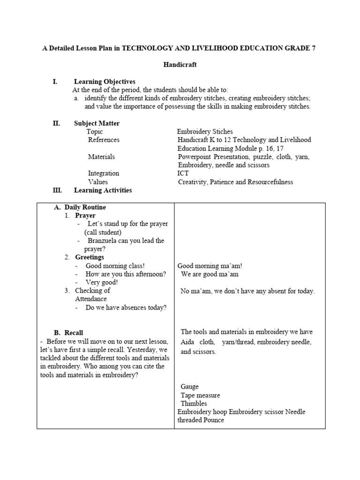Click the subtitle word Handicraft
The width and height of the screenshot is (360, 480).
tap(180, 65)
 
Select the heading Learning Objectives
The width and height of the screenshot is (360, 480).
tap(105, 82)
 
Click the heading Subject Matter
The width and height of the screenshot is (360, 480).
tap(97, 123)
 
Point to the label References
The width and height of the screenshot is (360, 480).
tap(104, 140)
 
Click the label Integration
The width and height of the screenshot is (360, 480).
tap(104, 173)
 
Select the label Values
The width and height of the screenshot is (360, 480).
tap(97, 182)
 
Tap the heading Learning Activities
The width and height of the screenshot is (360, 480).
tap(103, 190)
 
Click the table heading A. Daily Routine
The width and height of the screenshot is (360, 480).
tap(80, 207)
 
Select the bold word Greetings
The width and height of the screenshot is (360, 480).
tap(90, 257)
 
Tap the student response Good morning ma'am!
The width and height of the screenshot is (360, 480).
tap(210, 266)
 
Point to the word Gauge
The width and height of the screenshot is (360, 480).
tap(189, 387)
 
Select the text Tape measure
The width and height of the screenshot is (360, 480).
tap(200, 395)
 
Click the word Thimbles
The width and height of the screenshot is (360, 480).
tap(194, 404)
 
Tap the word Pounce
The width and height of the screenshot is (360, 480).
tap(213, 420)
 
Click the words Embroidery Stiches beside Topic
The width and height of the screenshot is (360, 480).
tap(204, 132)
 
